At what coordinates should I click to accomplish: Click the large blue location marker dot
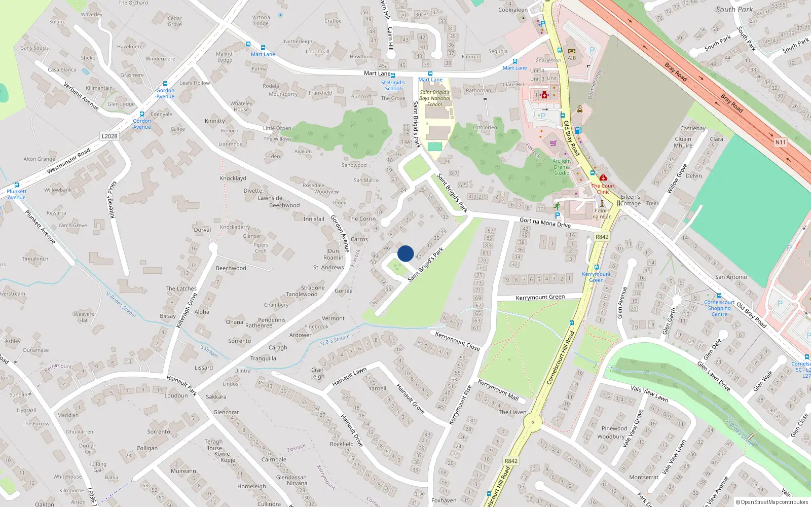pos(405,253)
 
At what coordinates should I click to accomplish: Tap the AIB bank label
pos(572,58)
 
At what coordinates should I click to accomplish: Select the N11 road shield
pos(780,142)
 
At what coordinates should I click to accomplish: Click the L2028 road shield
pos(109,136)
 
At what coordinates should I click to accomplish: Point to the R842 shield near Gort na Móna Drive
pos(602,237)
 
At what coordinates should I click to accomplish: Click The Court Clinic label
pos(603,189)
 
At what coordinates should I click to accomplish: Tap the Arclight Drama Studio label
pos(562,167)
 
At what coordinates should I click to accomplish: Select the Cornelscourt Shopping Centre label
pos(719,308)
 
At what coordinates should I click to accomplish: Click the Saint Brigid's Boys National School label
pos(434,98)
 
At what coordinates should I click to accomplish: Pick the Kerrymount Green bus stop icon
pos(597,267)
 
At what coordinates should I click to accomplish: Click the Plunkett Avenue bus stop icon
pos(17,185)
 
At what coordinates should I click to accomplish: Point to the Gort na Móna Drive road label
pos(545,223)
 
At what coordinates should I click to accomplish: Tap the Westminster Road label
pos(68,161)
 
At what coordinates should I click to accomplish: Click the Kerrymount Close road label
pos(457,341)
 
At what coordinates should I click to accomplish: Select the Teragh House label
pos(213,445)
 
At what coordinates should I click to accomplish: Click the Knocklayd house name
pos(233,178)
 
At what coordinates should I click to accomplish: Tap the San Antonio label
pos(731,277)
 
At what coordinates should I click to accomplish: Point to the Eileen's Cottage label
pos(631,200)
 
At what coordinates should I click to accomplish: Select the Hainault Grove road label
pos(411,399)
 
